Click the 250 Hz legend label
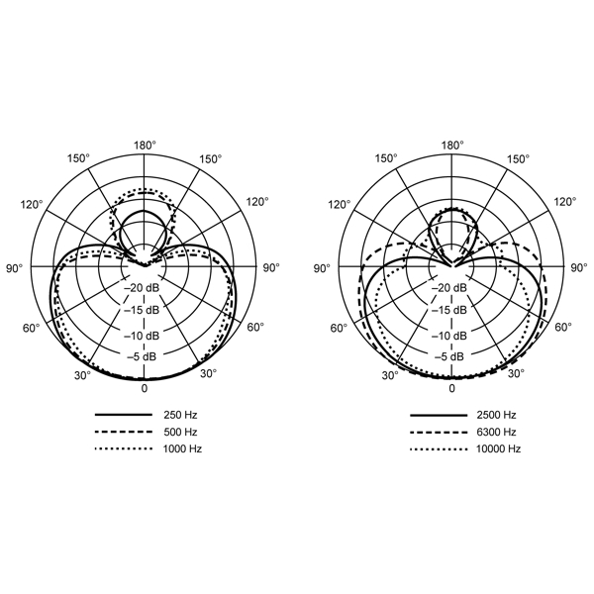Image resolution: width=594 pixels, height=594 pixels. pos(180,415)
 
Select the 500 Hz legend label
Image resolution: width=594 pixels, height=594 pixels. pos(180,432)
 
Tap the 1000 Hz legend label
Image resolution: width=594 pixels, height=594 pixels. pos(182,448)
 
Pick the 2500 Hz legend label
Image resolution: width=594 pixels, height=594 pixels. pos(496,415)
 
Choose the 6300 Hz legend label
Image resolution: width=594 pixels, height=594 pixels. pos(496,432)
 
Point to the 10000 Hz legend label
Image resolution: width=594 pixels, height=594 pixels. pos(498,448)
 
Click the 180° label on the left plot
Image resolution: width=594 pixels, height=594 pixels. pos(145,146)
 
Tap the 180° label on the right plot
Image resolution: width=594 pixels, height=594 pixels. pos(452,146)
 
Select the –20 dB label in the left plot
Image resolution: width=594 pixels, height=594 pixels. pos(142,288)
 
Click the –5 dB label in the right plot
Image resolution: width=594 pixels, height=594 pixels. pos(449,356)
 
